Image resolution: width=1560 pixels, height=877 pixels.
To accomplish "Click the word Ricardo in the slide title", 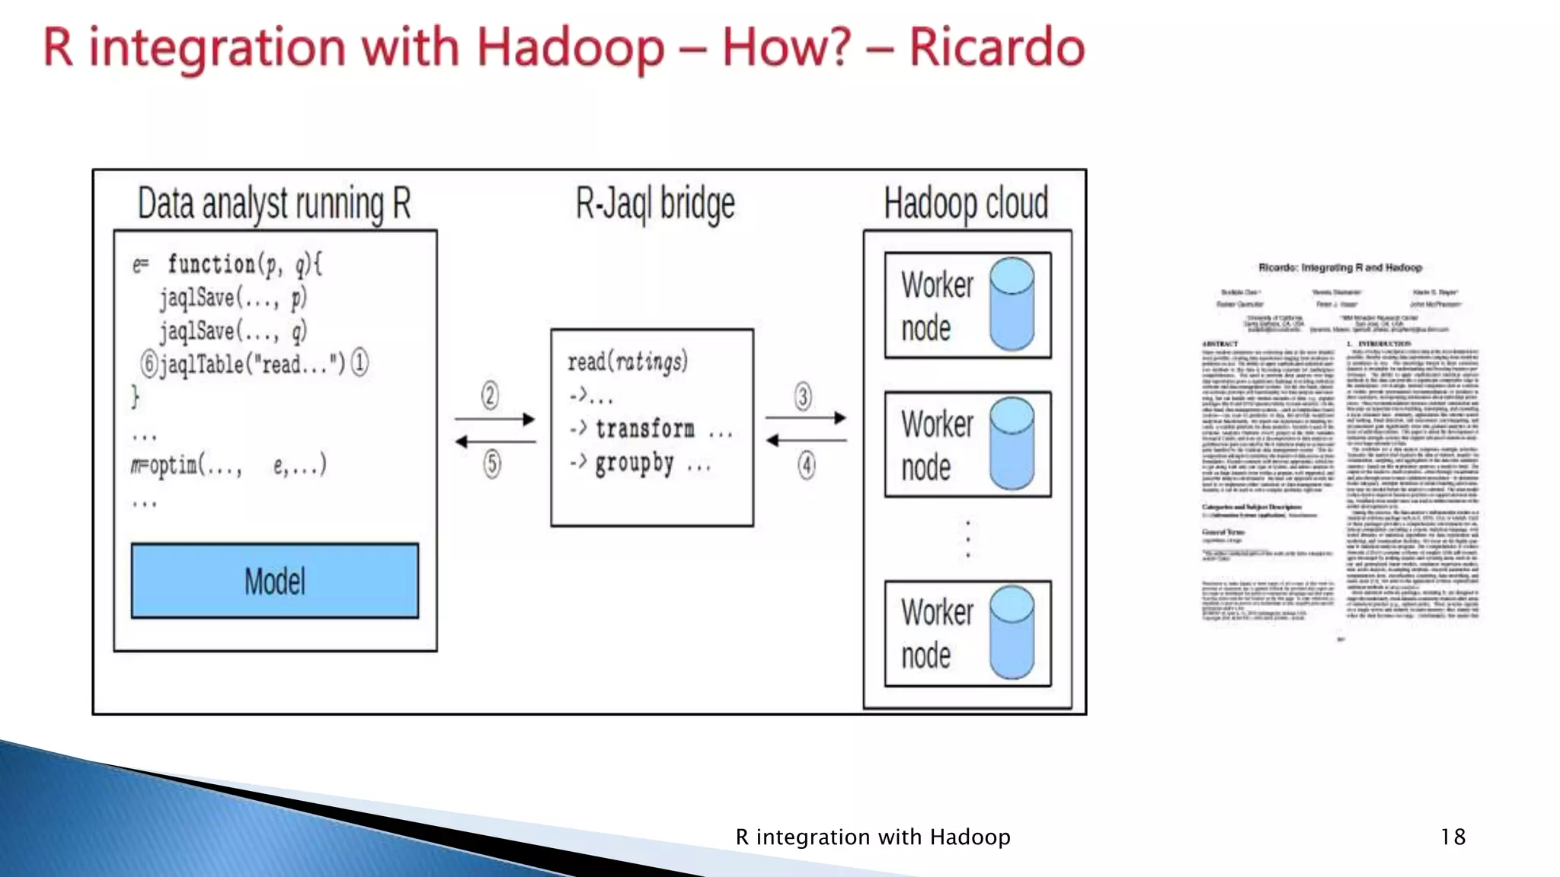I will click(x=996, y=47).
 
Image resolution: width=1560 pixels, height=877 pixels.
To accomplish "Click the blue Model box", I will click(x=274, y=581).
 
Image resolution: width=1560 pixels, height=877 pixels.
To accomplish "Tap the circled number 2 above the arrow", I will click(x=491, y=395).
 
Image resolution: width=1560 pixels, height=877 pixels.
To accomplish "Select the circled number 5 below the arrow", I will click(x=492, y=464).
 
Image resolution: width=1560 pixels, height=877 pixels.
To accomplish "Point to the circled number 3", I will click(x=803, y=396).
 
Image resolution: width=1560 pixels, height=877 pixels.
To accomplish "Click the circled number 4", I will click(x=806, y=465).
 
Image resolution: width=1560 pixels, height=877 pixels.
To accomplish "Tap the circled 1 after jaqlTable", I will click(x=360, y=362).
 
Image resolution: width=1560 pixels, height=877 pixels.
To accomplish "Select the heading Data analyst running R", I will click(x=274, y=204).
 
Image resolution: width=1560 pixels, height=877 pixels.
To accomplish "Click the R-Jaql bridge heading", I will click(x=655, y=204).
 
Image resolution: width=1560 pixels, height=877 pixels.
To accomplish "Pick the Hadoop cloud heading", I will click(x=966, y=203).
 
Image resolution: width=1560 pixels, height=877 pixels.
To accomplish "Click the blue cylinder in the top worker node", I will click(x=1012, y=304).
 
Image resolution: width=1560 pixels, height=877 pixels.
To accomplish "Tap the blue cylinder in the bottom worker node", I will click(x=1012, y=633).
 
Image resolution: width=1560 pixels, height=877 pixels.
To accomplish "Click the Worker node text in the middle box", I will click(x=936, y=445).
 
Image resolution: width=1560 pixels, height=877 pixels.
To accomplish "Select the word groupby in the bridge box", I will click(x=635, y=463).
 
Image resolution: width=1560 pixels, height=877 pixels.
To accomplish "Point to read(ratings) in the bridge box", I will click(x=628, y=361).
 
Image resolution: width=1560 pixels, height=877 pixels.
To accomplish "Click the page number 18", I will click(x=1453, y=837).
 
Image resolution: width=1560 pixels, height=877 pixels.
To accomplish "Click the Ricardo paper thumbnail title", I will click(x=1340, y=268).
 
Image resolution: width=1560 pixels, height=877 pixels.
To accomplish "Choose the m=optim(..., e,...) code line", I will click(x=229, y=464).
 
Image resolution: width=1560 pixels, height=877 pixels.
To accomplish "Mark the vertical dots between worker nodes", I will click(x=967, y=539).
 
